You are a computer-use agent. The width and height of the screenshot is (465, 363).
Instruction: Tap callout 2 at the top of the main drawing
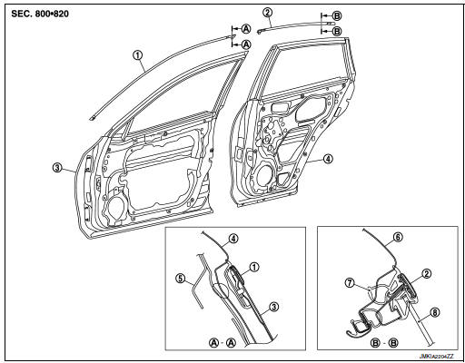tap(266, 12)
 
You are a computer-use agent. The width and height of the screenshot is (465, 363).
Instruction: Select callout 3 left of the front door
tap(56, 167)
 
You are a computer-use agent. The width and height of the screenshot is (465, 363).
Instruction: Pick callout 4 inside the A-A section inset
tap(233, 239)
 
